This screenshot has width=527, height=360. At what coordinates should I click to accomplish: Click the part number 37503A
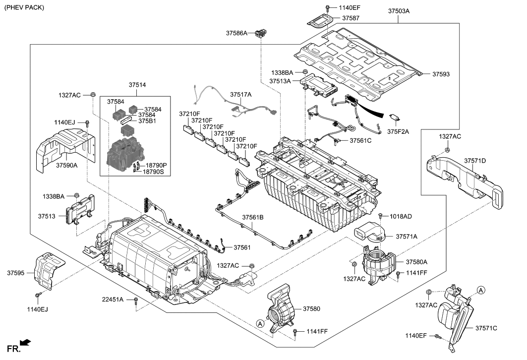click(x=399, y=11)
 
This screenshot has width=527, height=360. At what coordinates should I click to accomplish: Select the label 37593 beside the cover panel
click(x=441, y=74)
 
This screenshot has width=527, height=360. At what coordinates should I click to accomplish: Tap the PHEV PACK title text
click(x=24, y=7)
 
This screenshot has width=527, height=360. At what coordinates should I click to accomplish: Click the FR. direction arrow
click(x=26, y=343)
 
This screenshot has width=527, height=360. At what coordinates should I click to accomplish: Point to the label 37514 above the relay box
click(x=137, y=85)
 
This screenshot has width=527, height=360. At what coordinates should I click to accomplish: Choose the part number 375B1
click(x=147, y=121)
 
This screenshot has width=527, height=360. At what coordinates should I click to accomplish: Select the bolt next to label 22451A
click(x=136, y=300)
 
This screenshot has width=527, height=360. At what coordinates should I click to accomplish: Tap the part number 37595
click(x=16, y=273)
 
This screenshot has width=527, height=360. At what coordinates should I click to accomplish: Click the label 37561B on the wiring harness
click(x=253, y=218)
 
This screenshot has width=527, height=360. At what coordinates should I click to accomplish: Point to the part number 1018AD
click(x=401, y=217)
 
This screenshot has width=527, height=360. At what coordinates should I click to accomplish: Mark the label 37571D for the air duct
click(x=475, y=161)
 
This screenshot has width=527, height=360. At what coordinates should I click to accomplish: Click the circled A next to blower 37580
click(x=260, y=323)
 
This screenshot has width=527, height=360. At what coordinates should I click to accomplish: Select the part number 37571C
click(x=486, y=328)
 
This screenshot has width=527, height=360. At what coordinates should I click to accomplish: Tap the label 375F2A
click(x=398, y=132)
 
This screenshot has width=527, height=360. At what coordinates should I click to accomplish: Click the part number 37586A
click(x=236, y=33)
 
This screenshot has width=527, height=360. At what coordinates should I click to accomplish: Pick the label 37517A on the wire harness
click(x=240, y=95)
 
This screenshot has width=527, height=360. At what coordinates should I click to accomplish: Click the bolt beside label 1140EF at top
click(x=327, y=8)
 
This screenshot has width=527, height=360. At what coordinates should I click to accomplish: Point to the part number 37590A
click(x=67, y=166)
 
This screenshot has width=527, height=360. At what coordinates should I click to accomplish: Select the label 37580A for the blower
click(x=417, y=262)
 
